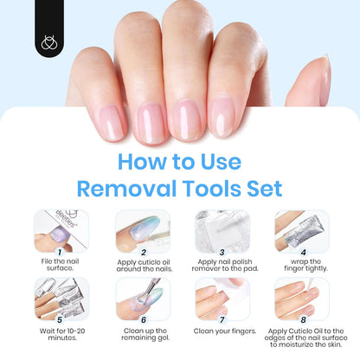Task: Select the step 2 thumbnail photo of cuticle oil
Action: [x=140, y=230]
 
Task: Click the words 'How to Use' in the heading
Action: [x=180, y=161]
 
